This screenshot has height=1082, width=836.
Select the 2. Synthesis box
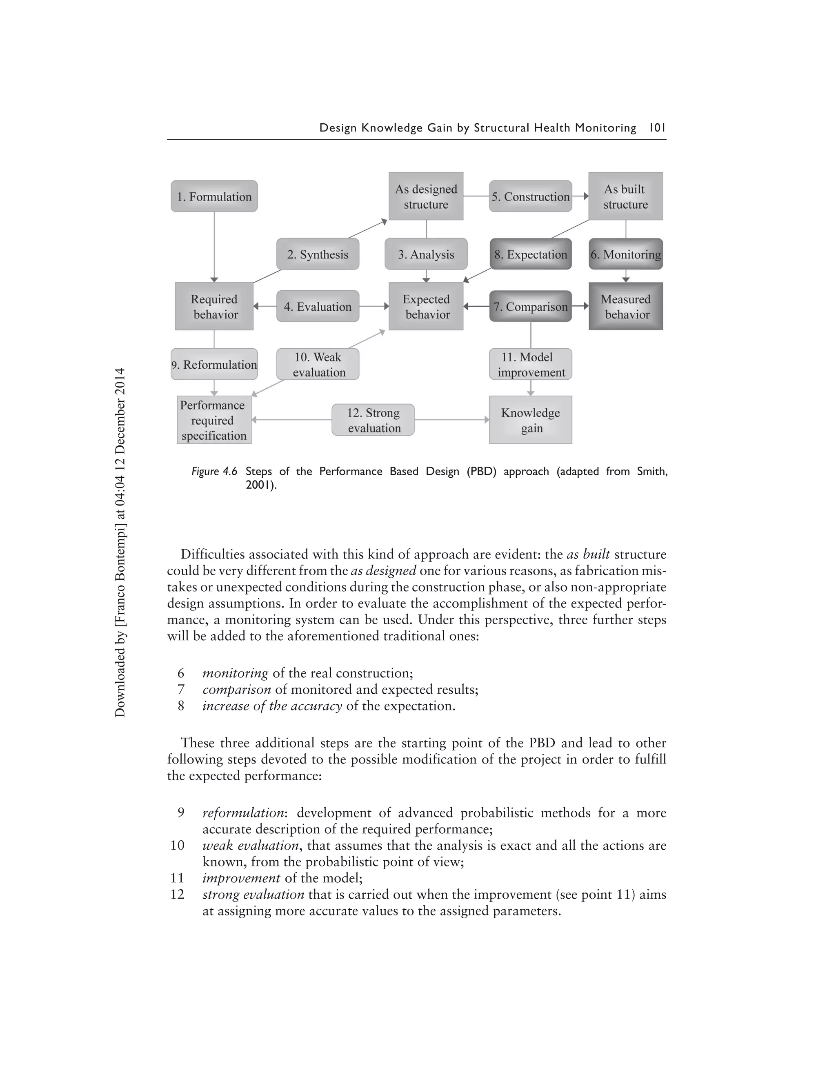[318, 254]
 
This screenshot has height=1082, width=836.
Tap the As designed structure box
[426, 196]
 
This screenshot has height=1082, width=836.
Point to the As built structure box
[625, 196]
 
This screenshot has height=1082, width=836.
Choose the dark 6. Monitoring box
[625, 254]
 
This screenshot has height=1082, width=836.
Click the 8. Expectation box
[530, 254]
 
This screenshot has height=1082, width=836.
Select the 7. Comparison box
[530, 306]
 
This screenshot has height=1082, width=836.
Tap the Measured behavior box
[625, 306]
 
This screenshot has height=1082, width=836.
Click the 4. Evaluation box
[318, 306]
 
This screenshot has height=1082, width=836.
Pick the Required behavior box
[214, 306]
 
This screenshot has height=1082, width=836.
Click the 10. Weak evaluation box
[318, 364]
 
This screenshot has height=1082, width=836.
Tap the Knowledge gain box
[530, 420]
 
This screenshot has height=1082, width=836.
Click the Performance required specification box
[214, 420]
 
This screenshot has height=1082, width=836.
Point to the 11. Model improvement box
[530, 364]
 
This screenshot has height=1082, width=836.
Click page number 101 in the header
[657, 128]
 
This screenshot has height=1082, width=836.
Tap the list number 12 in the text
[177, 895]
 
